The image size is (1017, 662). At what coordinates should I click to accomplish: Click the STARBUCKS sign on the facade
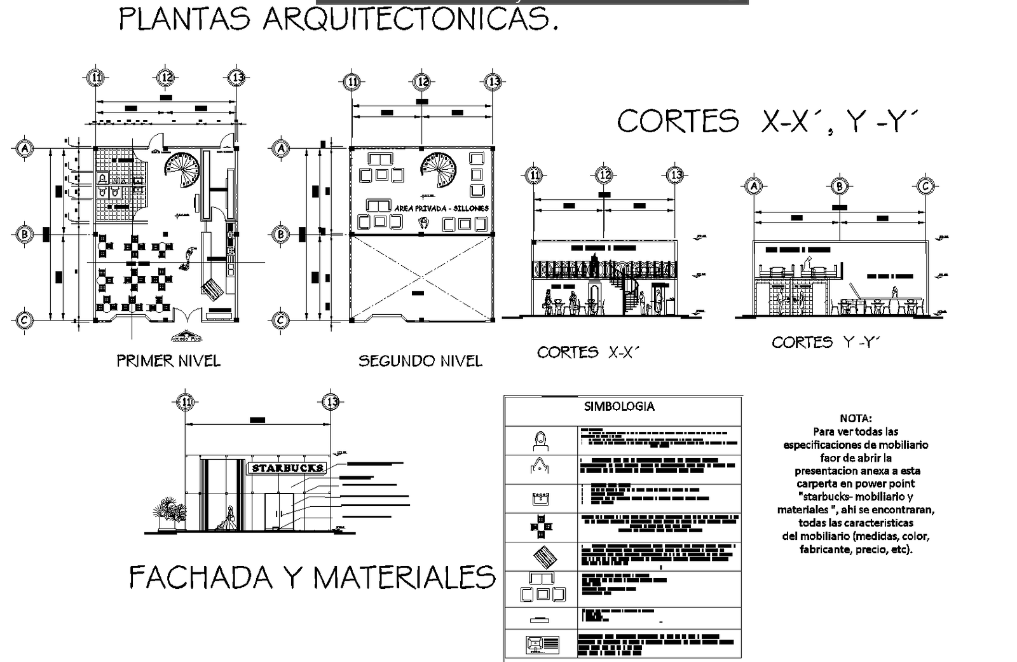click(x=287, y=468)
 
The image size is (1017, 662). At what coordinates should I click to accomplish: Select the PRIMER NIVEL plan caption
click(x=168, y=361)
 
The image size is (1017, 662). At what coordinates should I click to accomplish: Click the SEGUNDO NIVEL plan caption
click(x=420, y=361)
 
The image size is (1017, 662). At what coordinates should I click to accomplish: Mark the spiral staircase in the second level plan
click(x=439, y=168)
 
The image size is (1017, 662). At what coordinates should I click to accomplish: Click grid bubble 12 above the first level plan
click(x=166, y=78)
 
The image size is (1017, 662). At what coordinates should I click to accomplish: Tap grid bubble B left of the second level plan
click(x=280, y=234)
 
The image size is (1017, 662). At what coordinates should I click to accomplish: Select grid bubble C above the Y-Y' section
click(x=925, y=186)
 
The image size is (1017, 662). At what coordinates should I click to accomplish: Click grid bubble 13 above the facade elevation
click(x=331, y=402)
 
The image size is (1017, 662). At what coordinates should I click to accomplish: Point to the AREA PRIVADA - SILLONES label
click(x=441, y=208)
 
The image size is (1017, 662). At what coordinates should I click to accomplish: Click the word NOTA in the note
click(x=856, y=418)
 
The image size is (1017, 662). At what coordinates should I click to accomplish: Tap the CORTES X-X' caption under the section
click(x=586, y=352)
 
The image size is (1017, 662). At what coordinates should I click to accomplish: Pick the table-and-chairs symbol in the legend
click(x=541, y=527)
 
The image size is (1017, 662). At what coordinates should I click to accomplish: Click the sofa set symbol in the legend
click(x=542, y=588)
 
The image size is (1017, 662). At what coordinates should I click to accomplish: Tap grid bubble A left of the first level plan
click(x=24, y=148)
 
